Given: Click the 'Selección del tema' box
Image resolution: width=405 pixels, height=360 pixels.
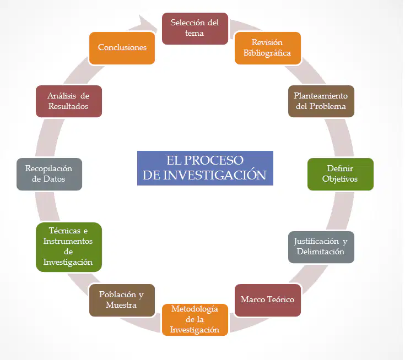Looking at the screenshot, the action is [x=195, y=29].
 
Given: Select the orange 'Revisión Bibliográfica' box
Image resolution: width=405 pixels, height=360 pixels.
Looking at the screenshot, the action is [x=268, y=48].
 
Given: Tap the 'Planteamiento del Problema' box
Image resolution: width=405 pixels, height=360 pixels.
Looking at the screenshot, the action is [x=321, y=101].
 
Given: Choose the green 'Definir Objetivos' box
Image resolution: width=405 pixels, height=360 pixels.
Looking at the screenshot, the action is [x=341, y=174].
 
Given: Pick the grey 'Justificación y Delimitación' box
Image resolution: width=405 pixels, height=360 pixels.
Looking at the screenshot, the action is [x=321, y=247].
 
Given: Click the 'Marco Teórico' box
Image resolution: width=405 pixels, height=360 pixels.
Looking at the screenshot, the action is [x=268, y=300].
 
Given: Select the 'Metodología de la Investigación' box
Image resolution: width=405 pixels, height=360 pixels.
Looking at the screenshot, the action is [x=195, y=320].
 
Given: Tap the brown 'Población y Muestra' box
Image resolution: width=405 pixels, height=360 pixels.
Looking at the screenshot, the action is [x=122, y=300].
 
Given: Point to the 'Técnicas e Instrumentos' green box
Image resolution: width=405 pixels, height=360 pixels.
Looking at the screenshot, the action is [x=69, y=247].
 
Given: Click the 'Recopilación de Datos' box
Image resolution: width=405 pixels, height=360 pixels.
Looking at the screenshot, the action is [x=50, y=174].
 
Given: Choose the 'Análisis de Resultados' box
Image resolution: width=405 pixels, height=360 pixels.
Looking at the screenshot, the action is [x=69, y=101].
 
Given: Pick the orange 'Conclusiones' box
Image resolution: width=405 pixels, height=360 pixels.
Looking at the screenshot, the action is [x=122, y=48].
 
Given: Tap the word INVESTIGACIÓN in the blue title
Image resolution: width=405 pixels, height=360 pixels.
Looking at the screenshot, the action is [x=214, y=175].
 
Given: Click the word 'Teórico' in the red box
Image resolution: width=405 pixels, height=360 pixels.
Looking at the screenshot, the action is [x=280, y=299].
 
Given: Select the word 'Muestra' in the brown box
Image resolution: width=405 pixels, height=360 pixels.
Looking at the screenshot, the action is [x=121, y=305].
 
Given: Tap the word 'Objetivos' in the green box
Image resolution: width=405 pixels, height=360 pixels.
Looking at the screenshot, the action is [x=339, y=179].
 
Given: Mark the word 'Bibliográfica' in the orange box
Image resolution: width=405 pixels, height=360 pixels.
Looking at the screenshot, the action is [x=267, y=53].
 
